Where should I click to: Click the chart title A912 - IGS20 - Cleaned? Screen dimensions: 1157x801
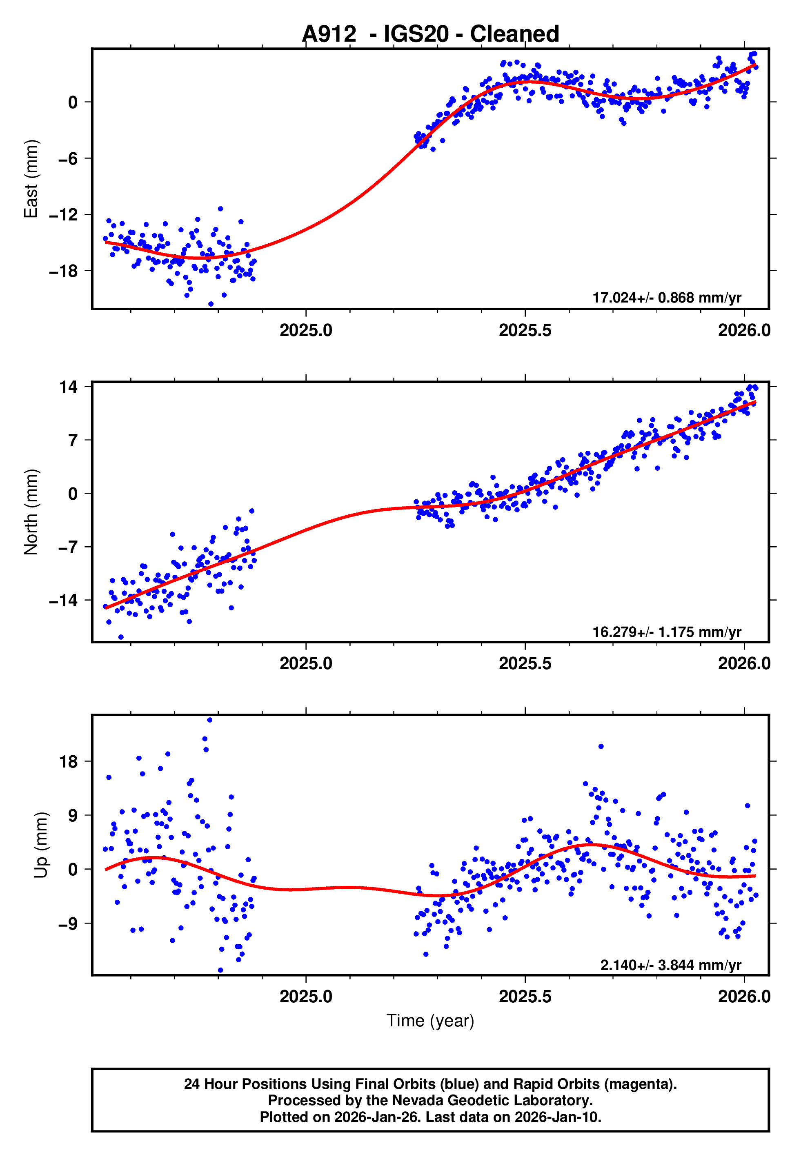coord(430,34)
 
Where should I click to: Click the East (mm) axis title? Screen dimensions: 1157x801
coord(31,179)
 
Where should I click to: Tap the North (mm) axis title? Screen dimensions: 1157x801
coord(31,512)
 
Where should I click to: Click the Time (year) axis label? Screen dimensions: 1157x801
coord(430,1021)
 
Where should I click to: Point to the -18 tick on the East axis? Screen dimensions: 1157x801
coord(63,271)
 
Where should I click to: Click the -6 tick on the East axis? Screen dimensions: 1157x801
coord(67,158)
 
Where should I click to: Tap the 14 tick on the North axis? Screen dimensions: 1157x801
coord(68,387)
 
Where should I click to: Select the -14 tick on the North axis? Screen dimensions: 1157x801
coord(63,600)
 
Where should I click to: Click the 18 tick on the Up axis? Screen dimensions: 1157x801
coord(68,762)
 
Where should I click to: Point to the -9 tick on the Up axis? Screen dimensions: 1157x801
coord(67,924)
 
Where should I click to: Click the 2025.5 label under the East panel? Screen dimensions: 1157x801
coord(525,331)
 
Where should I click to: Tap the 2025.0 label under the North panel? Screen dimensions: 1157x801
coord(306,664)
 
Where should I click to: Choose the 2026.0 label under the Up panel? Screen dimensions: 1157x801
coord(744,997)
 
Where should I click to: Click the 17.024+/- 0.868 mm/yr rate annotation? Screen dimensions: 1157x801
coord(667,298)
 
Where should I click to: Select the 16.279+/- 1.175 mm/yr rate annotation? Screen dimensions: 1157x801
coord(667,632)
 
